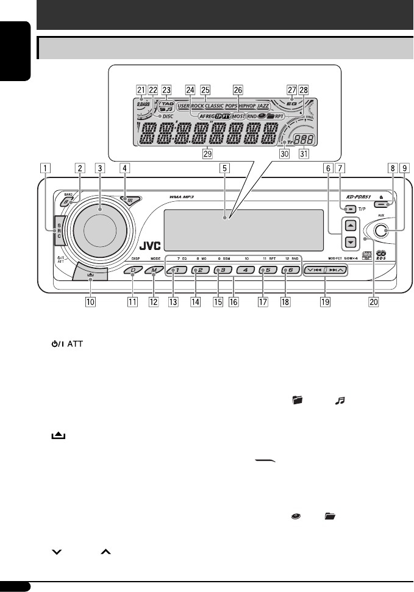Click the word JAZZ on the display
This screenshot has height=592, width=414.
[263, 106]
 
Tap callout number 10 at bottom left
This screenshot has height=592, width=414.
[90, 301]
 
